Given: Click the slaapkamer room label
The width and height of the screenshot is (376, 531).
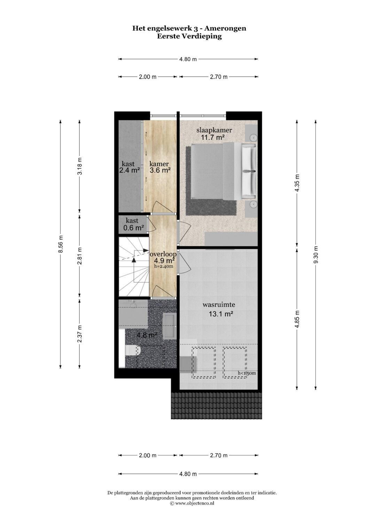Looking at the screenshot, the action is tap(214, 130).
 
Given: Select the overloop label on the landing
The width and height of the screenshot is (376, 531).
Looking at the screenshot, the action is tap(163, 254).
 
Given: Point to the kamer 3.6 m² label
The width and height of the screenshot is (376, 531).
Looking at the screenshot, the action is tap(159, 167).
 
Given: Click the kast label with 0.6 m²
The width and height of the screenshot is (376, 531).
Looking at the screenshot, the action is tap(133, 224).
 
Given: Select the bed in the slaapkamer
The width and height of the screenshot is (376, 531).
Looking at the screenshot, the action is tap(224, 170).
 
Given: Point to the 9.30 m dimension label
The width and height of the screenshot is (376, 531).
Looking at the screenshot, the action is tap(316, 255).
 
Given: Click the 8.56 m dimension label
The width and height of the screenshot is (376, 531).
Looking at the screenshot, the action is tap(61, 244).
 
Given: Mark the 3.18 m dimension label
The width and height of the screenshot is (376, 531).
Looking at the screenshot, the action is tap(80, 166).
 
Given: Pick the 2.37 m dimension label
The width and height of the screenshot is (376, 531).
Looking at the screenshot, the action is tap(80, 333).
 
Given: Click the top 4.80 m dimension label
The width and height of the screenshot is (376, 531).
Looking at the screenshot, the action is tap(188, 59).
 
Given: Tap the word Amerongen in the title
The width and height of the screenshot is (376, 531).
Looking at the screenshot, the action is tap(225, 29).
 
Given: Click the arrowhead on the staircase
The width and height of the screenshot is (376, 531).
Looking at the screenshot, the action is tap(134, 259).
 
